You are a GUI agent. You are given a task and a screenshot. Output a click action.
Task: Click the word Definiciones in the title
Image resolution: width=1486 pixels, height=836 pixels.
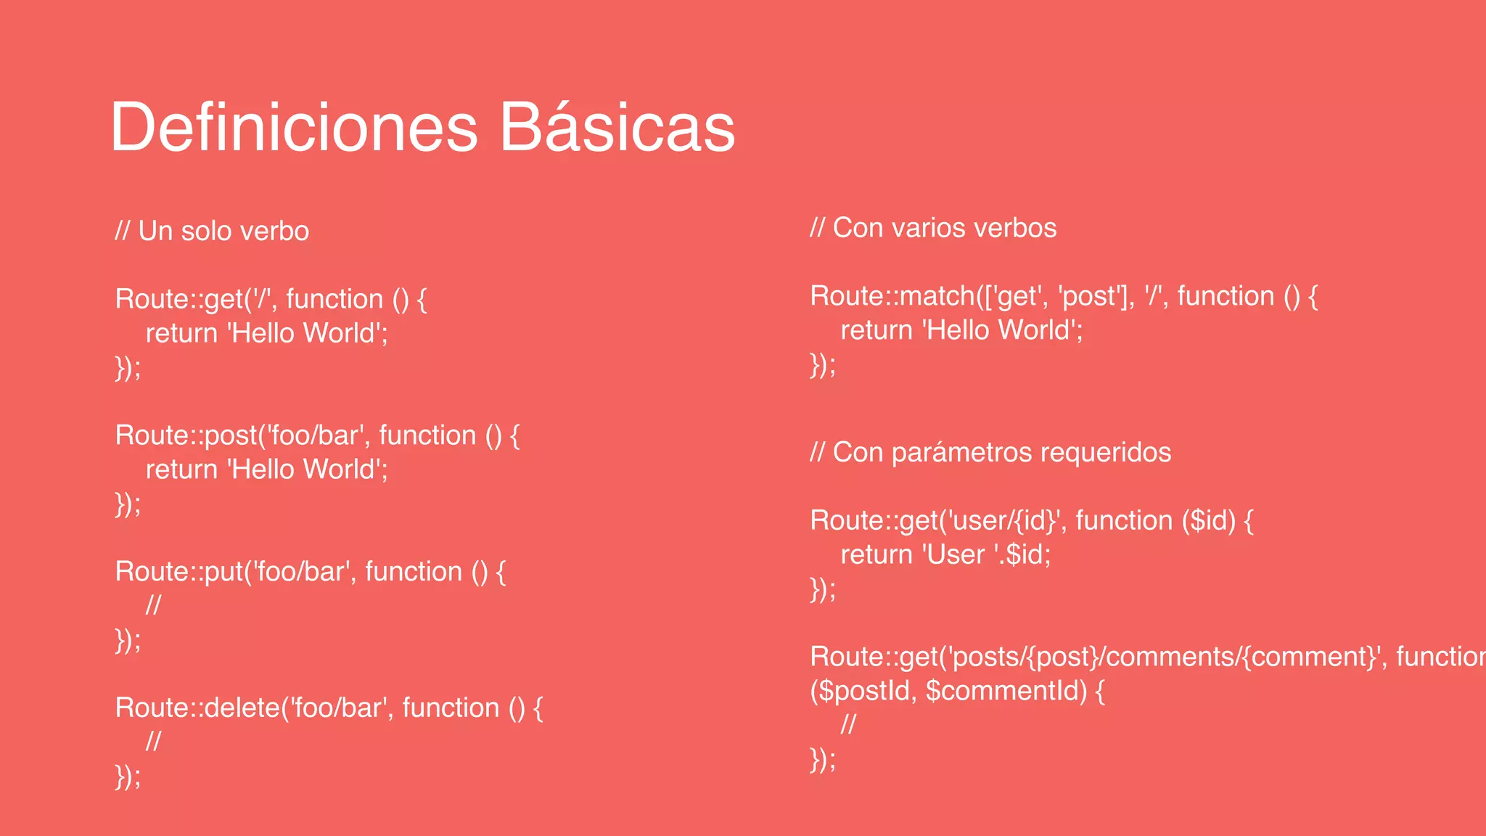[294, 128]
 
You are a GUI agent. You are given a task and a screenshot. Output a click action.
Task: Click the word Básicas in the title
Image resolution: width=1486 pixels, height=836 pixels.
[617, 128]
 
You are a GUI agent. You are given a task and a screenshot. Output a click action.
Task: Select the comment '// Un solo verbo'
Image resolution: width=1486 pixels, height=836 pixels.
[212, 231]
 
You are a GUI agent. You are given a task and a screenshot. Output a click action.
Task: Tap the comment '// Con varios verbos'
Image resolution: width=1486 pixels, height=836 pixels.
[933, 228]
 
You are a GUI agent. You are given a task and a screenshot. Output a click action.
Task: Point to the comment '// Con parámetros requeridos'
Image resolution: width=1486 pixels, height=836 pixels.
[990, 452]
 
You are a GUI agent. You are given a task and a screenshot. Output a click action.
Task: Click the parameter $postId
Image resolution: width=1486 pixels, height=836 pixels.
[863, 690]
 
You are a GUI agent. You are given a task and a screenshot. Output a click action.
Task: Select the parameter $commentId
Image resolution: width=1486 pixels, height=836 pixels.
[1006, 690]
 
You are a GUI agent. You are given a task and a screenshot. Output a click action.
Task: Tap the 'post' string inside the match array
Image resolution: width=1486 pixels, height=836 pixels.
[1087, 296]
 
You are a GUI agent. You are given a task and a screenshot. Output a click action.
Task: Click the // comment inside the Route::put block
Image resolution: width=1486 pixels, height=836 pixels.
[153, 605]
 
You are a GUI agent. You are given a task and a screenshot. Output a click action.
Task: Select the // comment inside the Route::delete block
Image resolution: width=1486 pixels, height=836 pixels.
[153, 742]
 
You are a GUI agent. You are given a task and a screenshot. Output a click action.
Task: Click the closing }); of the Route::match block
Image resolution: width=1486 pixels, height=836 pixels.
[823, 364]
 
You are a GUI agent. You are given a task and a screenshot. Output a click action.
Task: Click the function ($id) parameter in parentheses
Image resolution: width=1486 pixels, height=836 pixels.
[1209, 521]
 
